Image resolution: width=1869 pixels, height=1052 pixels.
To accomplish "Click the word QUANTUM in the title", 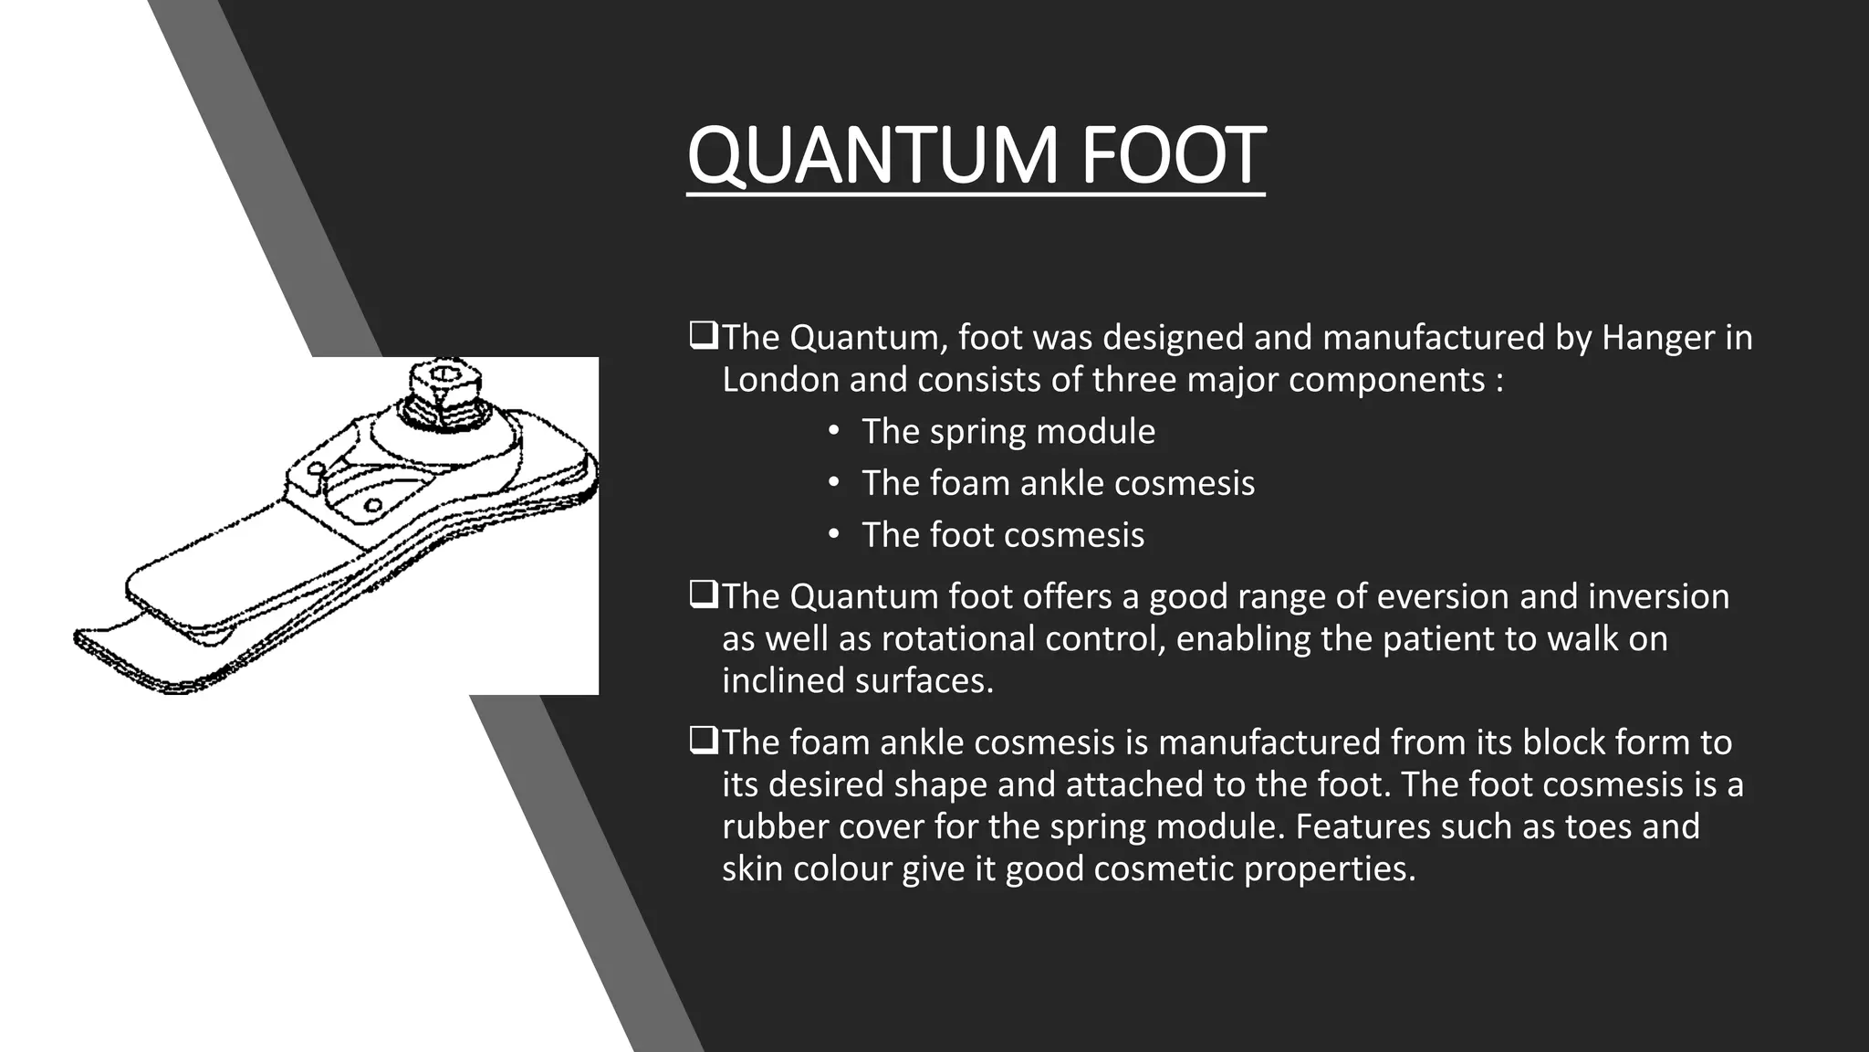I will [872, 156].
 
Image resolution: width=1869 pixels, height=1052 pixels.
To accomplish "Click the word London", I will [779, 380].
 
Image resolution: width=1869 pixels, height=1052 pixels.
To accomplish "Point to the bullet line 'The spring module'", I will [1008, 432].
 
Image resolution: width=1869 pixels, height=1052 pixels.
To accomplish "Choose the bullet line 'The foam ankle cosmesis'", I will [1058, 483].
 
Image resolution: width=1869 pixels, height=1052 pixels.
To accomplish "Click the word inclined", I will [783, 680].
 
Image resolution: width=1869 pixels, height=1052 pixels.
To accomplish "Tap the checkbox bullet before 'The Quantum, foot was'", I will [703, 337].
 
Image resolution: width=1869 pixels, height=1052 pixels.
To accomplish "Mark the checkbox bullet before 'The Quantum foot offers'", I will [703, 595].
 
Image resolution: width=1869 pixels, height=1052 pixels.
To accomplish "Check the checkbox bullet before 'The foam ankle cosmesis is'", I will [703, 742].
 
